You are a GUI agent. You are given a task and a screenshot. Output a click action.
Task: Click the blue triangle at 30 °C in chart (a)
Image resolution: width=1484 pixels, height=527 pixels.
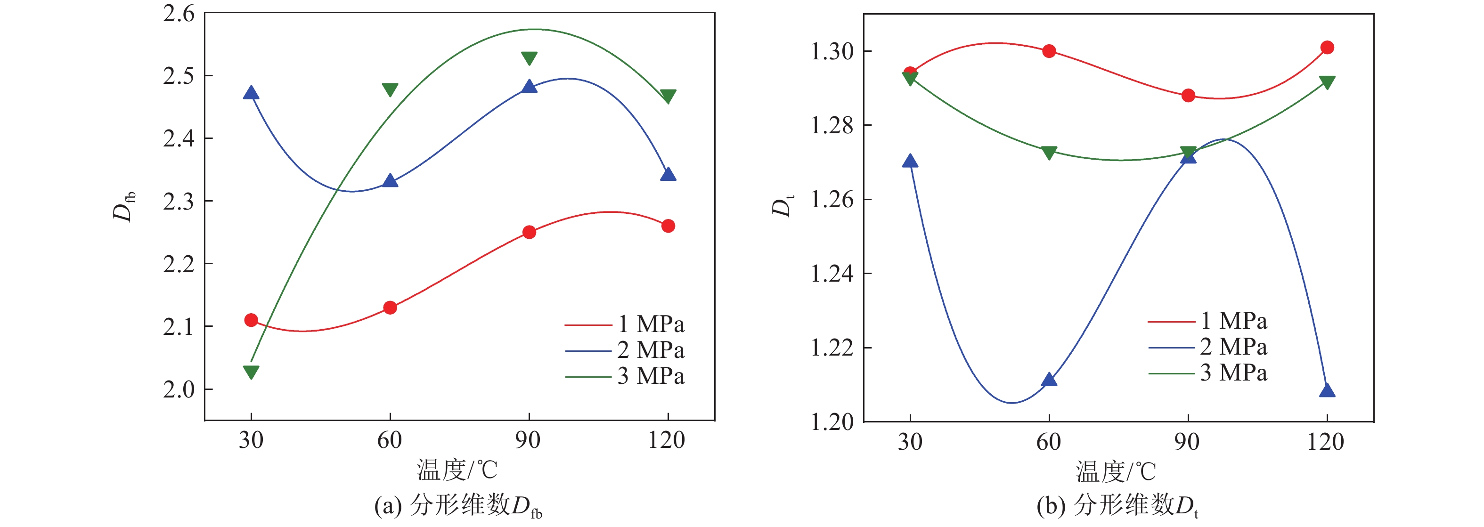click(251, 93)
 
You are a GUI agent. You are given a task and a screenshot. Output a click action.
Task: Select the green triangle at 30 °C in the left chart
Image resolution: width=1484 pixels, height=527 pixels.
click(251, 372)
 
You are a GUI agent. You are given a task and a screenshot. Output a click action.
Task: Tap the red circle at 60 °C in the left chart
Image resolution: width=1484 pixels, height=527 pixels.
click(390, 308)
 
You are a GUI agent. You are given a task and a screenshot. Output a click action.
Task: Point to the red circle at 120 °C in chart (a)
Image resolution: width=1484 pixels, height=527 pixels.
click(668, 226)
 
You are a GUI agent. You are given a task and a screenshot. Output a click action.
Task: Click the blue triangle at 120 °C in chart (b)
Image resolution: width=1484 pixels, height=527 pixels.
click(1327, 391)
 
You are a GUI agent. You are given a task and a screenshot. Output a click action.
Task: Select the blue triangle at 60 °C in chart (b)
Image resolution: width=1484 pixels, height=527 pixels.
click(1049, 380)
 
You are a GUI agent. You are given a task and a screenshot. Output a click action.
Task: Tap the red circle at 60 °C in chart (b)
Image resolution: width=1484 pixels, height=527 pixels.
click(1049, 51)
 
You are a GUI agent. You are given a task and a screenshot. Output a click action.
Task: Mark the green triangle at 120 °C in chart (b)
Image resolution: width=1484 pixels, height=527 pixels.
click(1327, 82)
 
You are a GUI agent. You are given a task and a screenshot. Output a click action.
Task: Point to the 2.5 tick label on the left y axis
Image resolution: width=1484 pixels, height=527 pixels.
click(179, 76)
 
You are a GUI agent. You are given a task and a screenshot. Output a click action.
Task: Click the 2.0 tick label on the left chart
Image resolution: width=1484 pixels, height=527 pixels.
click(179, 390)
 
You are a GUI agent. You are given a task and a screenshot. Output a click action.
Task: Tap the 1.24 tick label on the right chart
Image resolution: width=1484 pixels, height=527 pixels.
click(832, 274)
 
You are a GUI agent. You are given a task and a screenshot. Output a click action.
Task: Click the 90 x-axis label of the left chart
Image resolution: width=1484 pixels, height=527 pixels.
click(528, 441)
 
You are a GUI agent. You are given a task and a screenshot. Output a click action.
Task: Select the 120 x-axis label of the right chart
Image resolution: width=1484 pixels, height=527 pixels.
click(1326, 442)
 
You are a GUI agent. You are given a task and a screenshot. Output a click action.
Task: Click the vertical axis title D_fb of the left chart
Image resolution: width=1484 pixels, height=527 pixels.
click(124, 206)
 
